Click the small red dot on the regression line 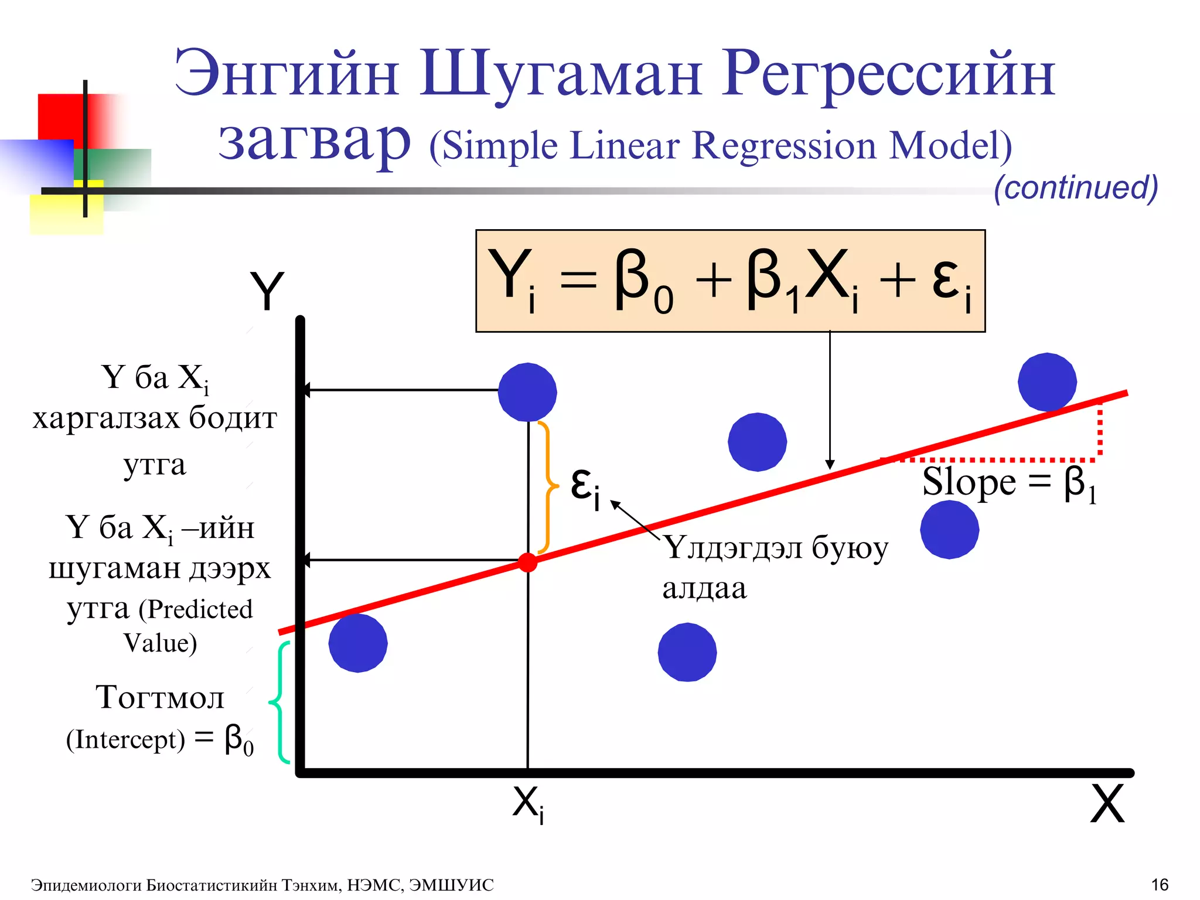(x=527, y=562)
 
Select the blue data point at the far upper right (x=1047, y=382)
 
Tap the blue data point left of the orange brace (x=527, y=392)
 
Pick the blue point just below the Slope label (x=949, y=530)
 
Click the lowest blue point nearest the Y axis (x=358, y=643)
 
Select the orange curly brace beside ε (x=547, y=487)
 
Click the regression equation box (x=730, y=281)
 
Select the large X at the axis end (x=1107, y=804)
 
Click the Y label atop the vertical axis (x=267, y=291)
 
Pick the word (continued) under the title (x=1076, y=187)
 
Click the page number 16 (x=1160, y=885)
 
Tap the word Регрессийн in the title (x=888, y=75)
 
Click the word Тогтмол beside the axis (x=160, y=697)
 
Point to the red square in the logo (x=62, y=117)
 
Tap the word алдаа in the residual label (x=704, y=588)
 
